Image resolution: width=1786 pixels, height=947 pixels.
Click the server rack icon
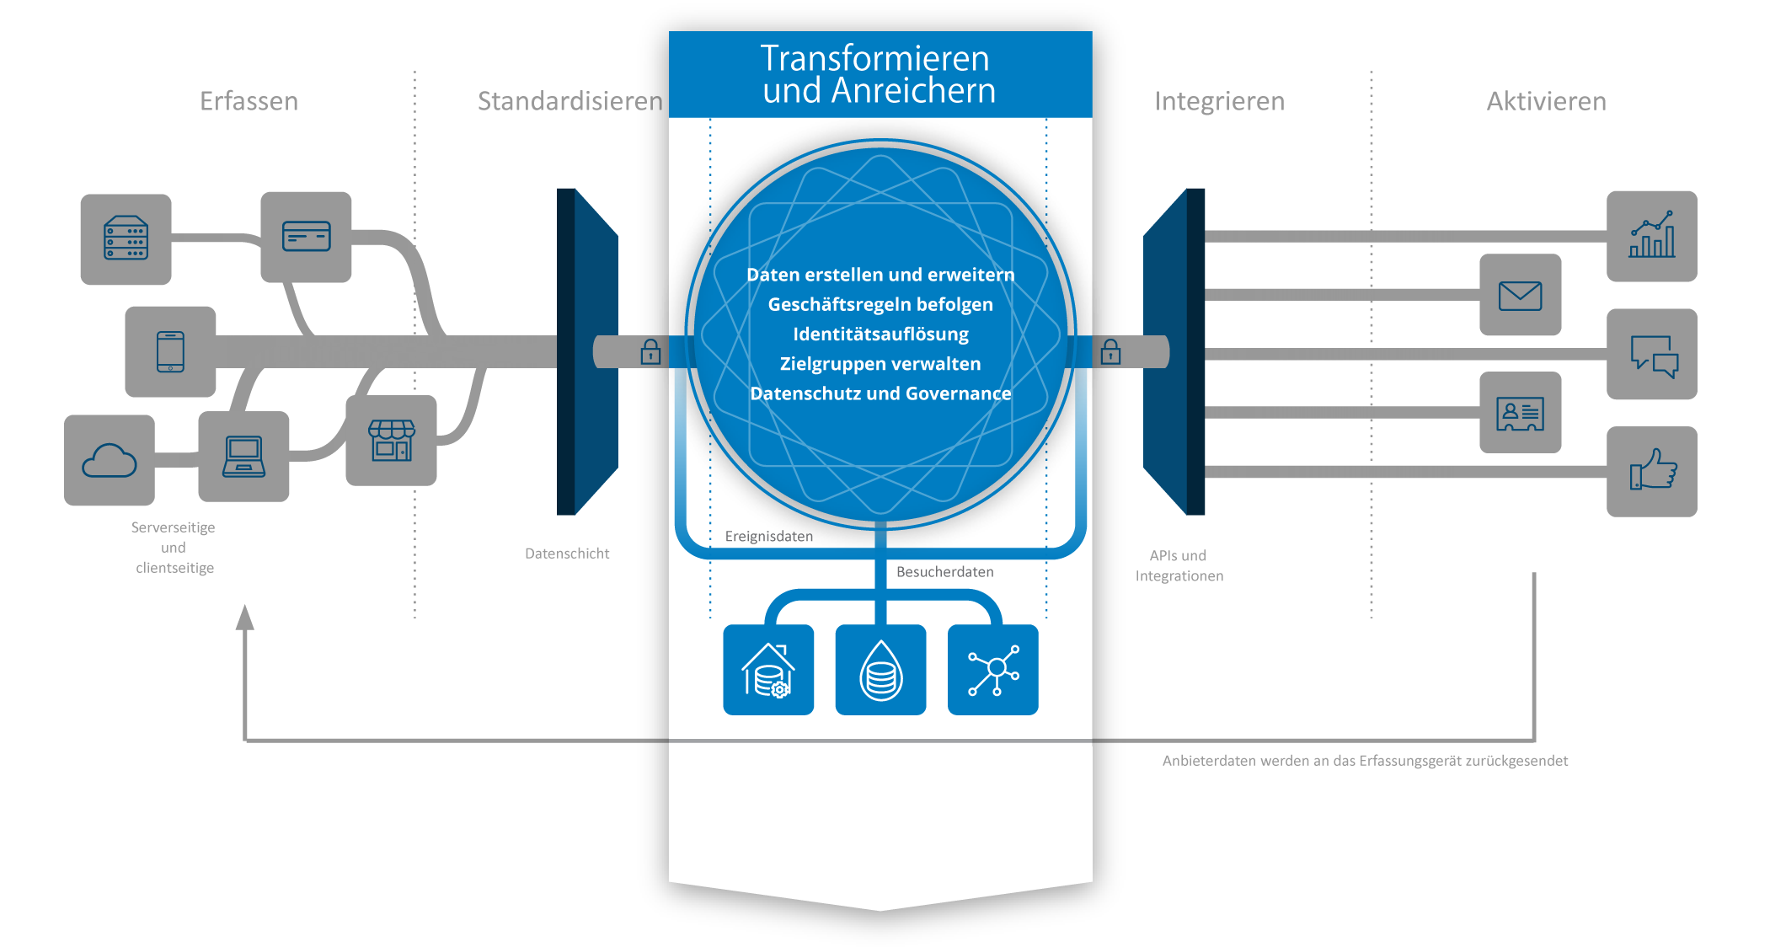(126, 239)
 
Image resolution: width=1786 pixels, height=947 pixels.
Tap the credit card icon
(306, 237)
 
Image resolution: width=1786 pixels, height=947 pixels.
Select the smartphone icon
(170, 351)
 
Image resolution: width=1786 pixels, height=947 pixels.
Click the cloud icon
(110, 461)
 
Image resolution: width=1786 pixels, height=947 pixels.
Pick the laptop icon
(243, 457)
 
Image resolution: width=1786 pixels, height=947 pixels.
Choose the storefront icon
(392, 441)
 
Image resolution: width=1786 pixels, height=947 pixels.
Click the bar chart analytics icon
(1651, 236)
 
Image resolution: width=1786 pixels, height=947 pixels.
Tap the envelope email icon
(1520, 296)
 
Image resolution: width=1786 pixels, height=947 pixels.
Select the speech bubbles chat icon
(1651, 355)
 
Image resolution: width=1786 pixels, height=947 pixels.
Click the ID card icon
(1520, 413)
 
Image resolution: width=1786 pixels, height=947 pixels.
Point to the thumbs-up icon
(1651, 471)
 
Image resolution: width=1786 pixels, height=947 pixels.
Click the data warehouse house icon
(768, 670)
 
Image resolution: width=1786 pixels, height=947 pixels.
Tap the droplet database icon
(880, 670)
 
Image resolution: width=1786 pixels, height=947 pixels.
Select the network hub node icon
(993, 670)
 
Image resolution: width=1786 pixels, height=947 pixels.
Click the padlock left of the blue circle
(650, 351)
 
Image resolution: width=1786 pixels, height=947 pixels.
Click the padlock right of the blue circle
(1110, 351)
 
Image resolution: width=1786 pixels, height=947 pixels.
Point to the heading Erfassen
(249, 101)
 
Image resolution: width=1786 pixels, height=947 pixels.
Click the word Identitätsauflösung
(880, 334)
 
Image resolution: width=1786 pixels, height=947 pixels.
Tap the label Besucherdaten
(944, 572)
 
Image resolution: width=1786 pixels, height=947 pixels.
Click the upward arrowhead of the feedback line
(244, 618)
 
